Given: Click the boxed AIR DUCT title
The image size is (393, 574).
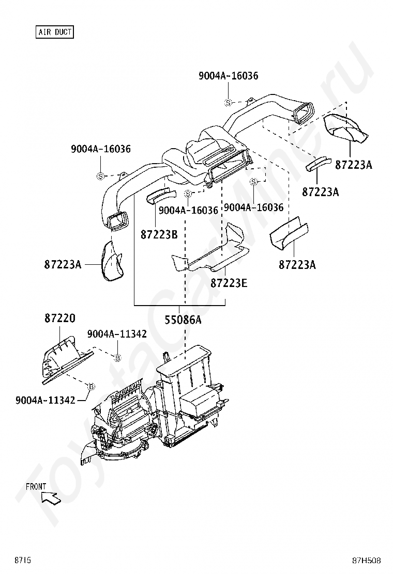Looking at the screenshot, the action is [x=55, y=32].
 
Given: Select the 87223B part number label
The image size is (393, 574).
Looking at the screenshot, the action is [x=159, y=234].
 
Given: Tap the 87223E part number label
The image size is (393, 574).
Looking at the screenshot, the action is [x=229, y=283].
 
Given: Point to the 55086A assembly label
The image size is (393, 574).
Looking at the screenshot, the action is [x=183, y=320].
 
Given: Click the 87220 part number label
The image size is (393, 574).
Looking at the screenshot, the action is [x=60, y=318].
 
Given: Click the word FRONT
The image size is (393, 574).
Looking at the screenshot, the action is [x=36, y=487].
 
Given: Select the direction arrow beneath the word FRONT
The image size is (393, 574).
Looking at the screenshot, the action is [x=51, y=498].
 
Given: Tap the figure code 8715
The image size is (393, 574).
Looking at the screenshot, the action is [x=23, y=560].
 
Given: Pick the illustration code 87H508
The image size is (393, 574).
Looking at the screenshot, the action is [x=366, y=560].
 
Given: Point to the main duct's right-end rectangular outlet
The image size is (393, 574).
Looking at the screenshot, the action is [x=303, y=113].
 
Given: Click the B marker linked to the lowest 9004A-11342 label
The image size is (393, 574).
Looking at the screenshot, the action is [x=90, y=386].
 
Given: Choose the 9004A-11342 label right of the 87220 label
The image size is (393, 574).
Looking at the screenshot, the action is [x=117, y=334].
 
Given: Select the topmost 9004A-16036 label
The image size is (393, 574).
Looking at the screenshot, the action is [x=229, y=76].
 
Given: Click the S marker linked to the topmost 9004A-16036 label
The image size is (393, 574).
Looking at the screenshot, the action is [x=228, y=103].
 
